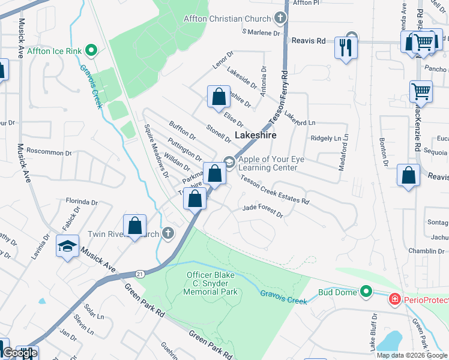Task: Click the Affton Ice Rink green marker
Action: point(92,50)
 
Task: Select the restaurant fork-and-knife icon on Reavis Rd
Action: point(345,47)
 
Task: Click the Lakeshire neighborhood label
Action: point(255,136)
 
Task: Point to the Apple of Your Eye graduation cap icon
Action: point(229,160)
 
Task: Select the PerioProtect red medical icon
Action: point(395,298)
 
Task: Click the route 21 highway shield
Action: point(140,274)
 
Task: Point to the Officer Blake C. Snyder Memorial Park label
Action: point(212,283)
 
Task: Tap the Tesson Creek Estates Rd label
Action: point(275,193)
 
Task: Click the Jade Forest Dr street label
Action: point(262,209)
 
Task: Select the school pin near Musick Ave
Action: point(67,245)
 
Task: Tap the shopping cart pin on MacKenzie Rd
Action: point(421,92)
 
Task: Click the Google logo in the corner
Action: point(19,353)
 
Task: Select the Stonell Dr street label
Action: point(218,134)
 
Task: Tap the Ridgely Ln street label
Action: point(325,138)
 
